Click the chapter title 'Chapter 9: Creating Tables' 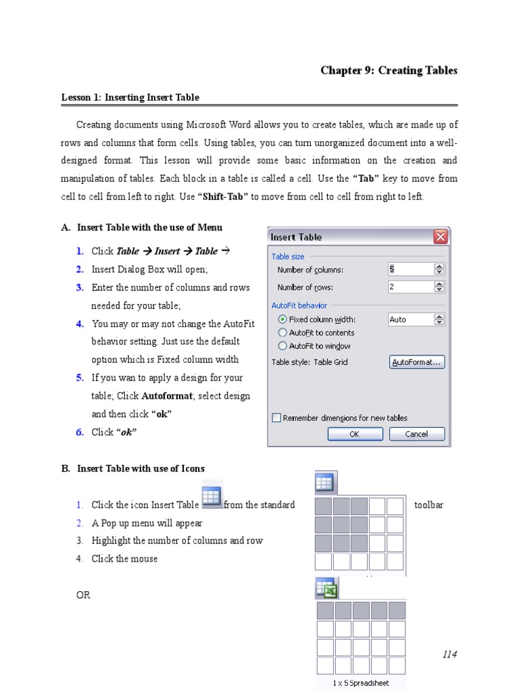389,70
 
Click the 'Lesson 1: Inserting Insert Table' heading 130,97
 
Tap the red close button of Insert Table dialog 440,237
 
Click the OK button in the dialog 355,434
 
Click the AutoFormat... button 417,362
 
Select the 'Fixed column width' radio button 282,319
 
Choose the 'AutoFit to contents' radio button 282,332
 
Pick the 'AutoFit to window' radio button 282,346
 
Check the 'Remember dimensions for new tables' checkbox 276,418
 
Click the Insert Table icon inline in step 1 212,496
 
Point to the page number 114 449,654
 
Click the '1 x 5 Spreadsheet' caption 361,683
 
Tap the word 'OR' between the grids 83,595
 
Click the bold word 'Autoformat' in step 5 164,396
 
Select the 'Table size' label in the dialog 288,256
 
